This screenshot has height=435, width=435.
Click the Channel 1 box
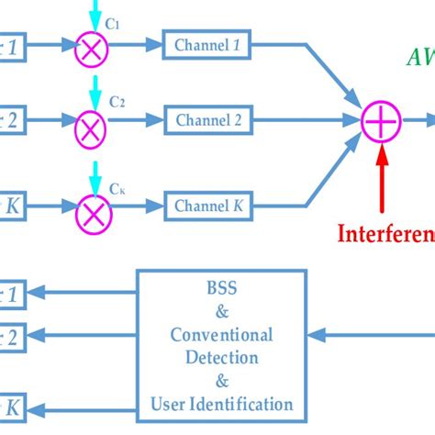209,42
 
